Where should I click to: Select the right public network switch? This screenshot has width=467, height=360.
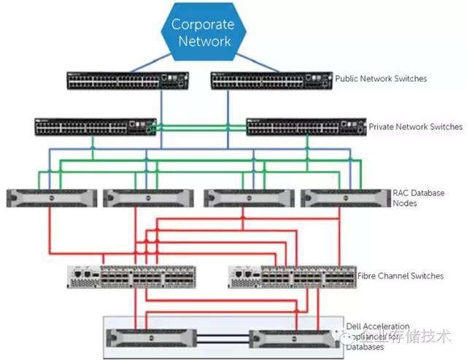coord(271,80)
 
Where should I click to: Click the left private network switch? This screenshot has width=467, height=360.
coord(95,126)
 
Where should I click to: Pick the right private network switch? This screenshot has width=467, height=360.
coord(306,127)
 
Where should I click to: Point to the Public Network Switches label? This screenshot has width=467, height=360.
coord(381,78)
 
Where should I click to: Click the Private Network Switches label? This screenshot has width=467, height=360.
coord(415,126)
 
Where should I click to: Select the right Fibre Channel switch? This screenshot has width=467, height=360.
coord(292,276)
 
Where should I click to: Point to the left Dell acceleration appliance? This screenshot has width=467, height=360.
coord(149,338)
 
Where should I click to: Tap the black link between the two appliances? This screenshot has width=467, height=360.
coord(221,338)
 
